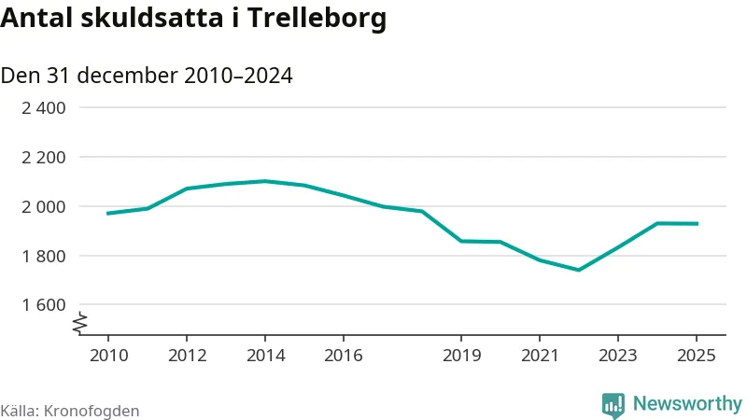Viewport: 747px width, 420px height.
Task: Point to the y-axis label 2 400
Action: (x=44, y=108)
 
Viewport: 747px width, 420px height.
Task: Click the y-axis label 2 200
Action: (x=44, y=158)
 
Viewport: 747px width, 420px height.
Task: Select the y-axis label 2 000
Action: (x=44, y=206)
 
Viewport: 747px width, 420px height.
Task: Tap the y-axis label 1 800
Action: (x=44, y=256)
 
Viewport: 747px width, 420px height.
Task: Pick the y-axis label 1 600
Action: (x=44, y=305)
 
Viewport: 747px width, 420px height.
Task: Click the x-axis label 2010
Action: (x=107, y=356)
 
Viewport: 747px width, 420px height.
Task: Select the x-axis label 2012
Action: (x=187, y=356)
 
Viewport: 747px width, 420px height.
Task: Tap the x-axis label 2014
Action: (x=265, y=356)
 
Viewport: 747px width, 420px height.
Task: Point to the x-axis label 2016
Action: (x=344, y=356)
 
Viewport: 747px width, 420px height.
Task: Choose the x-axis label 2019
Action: (x=461, y=356)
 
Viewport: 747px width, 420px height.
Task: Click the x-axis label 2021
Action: (x=540, y=356)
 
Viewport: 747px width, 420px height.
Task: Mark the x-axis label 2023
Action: (x=618, y=356)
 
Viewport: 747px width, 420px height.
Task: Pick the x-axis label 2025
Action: (x=697, y=356)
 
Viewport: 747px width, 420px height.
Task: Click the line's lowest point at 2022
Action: (x=579, y=270)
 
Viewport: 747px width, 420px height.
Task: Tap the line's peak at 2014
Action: (x=265, y=181)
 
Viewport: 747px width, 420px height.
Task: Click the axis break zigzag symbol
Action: (x=80, y=323)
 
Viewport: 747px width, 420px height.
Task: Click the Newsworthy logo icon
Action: (x=613, y=404)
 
